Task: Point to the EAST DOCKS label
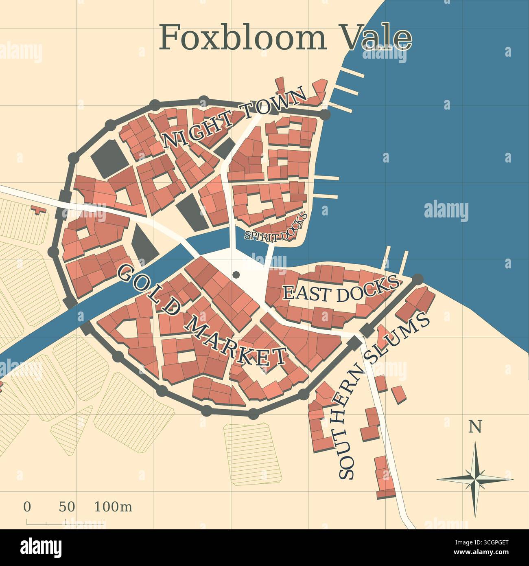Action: [340, 290]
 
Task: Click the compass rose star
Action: [475, 479]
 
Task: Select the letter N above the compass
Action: [475, 427]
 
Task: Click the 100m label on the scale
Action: [113, 507]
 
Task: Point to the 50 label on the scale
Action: [67, 507]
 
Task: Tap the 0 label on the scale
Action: [27, 507]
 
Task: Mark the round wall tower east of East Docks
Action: [418, 279]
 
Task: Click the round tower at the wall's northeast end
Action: [325, 115]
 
